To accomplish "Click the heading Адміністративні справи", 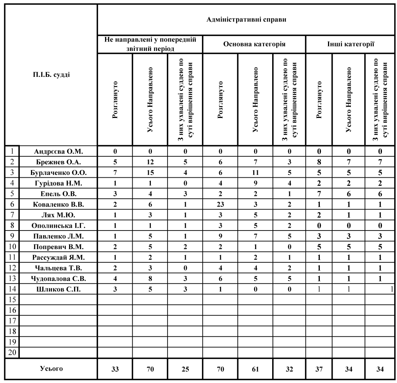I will coord(247,19).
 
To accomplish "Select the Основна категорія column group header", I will coord(254,44).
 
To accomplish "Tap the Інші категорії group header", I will coord(350,44).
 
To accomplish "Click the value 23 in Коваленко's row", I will coord(220,203).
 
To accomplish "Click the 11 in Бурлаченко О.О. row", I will coord(255,172).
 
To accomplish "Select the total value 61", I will coord(255,369).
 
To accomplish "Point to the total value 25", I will coord(185,369).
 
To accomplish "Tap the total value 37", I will coord(319,369).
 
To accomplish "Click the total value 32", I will coord(289,369).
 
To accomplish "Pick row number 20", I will coord(12,352).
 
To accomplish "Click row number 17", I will coord(12,321).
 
